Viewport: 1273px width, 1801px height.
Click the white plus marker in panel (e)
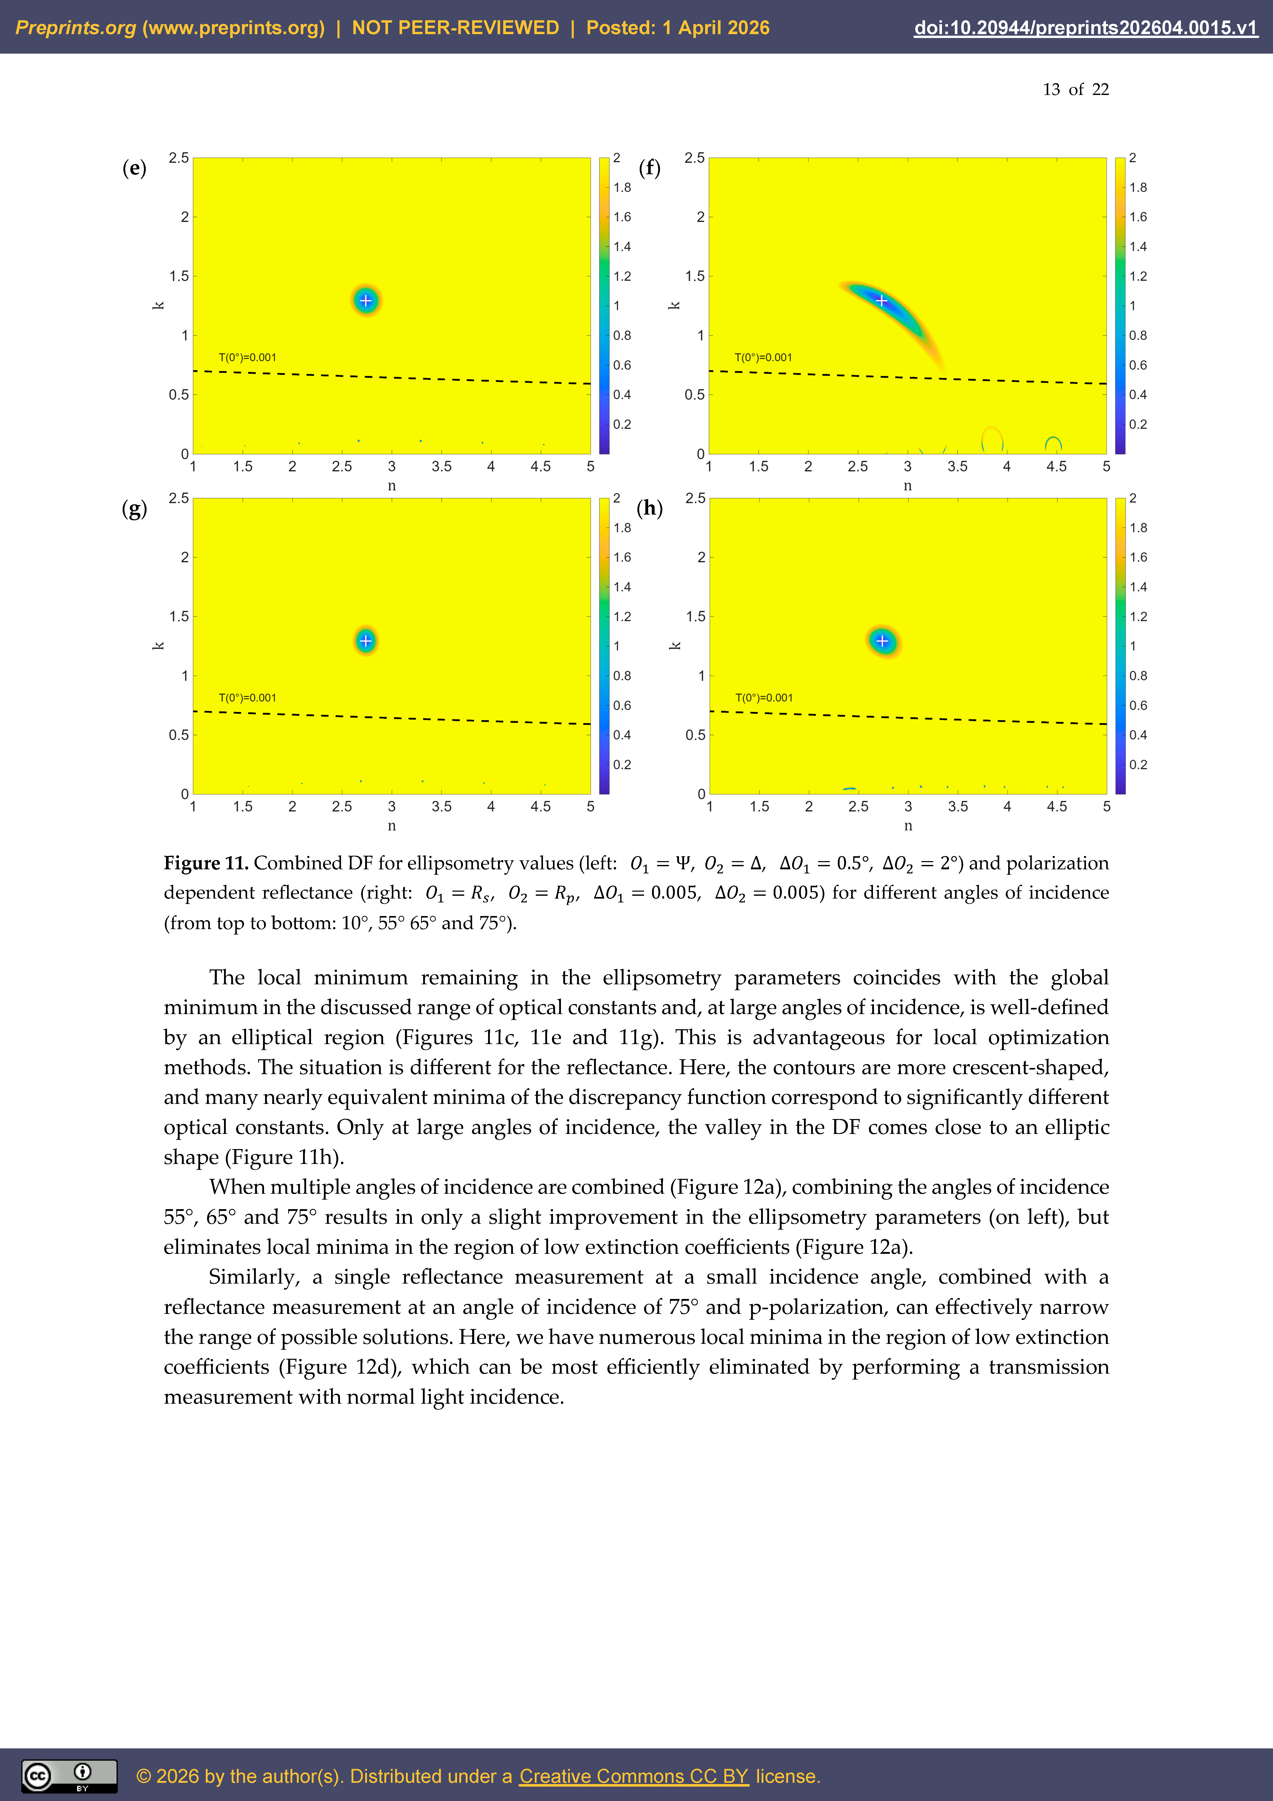click(x=365, y=301)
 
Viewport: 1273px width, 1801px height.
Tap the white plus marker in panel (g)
click(x=365, y=641)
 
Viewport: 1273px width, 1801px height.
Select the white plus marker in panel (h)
click(x=882, y=641)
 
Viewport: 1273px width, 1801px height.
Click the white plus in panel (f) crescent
click(x=882, y=301)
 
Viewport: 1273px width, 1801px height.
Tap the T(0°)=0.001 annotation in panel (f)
click(x=763, y=358)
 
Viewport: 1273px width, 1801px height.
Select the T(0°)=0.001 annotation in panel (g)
click(x=247, y=698)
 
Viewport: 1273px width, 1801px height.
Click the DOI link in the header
click(x=1085, y=28)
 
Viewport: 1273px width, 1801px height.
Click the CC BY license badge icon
click(x=69, y=1776)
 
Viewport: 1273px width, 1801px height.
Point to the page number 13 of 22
click(x=1075, y=89)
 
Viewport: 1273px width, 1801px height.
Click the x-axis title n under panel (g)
click(x=391, y=826)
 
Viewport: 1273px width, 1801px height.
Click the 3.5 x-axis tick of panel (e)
click(x=442, y=467)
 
